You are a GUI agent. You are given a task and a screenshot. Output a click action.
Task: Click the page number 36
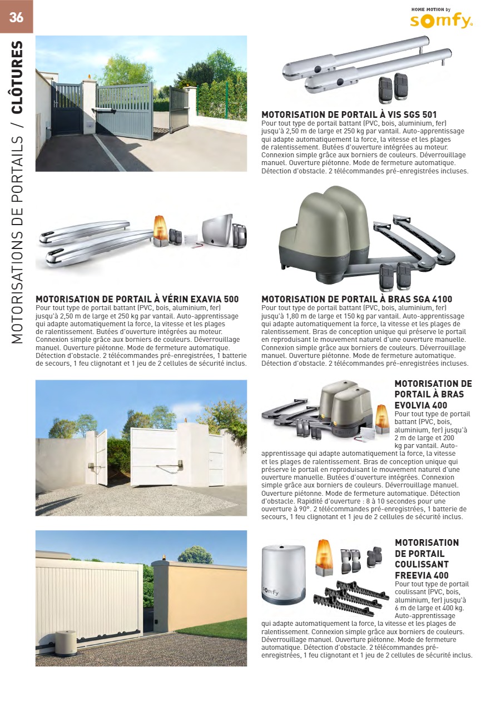pos(16,17)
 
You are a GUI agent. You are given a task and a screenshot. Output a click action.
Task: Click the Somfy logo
pos(442,21)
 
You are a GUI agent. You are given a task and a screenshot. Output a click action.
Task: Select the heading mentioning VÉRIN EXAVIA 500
pos(137,299)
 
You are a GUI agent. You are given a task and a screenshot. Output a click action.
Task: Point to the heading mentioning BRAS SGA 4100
pos(357,299)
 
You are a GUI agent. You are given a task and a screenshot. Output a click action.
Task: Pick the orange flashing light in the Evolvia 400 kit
pos(381,417)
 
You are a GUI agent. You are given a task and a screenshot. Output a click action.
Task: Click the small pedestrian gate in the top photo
pos(67,108)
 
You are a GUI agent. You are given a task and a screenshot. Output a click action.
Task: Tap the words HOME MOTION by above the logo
pos(431,9)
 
